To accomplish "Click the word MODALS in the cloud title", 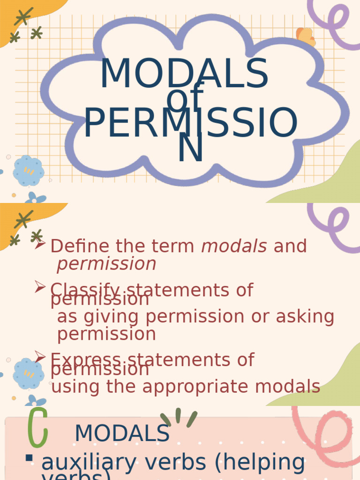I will (184, 74).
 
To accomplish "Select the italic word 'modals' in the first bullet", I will (234, 246).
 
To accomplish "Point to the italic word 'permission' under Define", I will (106, 264).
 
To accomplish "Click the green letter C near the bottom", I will (37, 427).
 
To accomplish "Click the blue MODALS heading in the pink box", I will (122, 433).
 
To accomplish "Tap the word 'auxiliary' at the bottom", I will (84, 462).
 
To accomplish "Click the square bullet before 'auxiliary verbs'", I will (29, 458).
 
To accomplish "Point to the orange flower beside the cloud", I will (306, 37).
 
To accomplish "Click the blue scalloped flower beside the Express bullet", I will (28, 373).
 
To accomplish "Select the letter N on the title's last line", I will (190, 149).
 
